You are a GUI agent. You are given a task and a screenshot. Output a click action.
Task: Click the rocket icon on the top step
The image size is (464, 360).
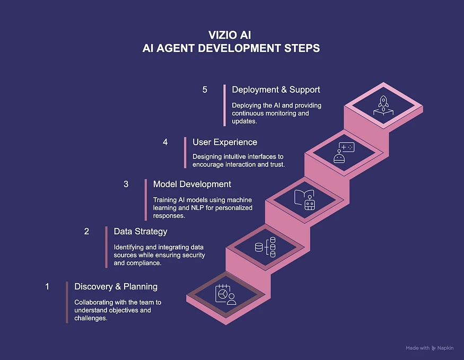point(383,106)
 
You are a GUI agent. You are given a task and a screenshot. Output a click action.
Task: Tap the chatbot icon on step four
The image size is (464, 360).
point(344,153)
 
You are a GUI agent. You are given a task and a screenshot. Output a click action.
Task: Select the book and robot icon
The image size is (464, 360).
point(304,200)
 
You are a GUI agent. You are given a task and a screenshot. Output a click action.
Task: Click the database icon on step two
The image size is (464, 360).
point(265,247)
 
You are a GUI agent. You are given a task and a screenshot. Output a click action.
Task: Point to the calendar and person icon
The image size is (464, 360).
point(226,295)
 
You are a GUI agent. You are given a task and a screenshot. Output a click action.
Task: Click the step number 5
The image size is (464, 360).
point(205,90)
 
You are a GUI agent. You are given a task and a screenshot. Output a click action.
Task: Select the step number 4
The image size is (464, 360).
point(165,142)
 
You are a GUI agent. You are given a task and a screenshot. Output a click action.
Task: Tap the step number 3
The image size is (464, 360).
point(126,184)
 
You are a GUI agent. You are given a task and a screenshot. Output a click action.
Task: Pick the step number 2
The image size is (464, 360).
point(86,231)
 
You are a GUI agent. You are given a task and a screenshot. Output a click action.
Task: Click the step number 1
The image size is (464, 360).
point(47,286)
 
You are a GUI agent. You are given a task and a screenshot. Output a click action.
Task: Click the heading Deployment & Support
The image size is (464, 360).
point(276,90)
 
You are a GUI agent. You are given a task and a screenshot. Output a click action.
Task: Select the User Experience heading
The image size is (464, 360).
point(225,142)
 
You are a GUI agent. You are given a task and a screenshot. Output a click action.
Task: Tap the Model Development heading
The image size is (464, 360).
point(192,184)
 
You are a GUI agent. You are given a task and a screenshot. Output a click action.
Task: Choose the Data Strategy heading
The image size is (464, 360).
point(141,231)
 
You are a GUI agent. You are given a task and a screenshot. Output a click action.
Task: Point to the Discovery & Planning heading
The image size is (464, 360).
point(116,286)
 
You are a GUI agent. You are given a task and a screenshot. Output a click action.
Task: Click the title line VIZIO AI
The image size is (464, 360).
point(230,35)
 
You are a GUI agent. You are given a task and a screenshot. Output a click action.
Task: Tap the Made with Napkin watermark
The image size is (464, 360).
point(430,348)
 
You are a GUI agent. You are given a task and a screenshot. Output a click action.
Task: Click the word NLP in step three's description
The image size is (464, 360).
point(197,208)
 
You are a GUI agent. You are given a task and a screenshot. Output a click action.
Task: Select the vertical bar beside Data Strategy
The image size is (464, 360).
point(107,247)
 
